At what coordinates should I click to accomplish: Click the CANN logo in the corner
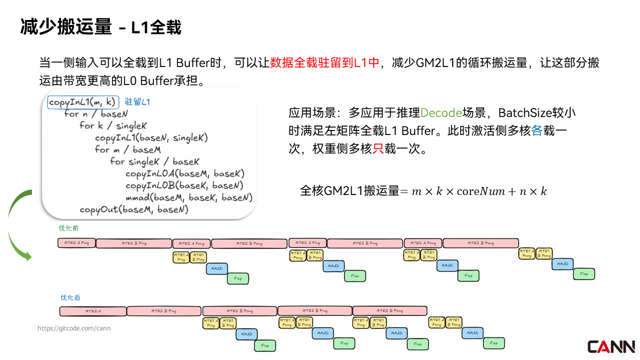tap(611, 346)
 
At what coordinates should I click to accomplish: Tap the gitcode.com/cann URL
tap(74, 328)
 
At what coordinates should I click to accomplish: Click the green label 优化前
tap(68, 228)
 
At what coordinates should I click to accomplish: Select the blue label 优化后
tap(70, 297)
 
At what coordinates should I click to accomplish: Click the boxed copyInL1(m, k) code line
tap(83, 102)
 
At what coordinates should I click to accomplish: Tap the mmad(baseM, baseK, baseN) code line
tap(189, 198)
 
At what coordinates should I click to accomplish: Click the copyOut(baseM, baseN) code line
tap(134, 209)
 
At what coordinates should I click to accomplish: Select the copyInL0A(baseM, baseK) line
tap(185, 174)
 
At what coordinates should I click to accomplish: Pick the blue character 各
tap(537, 131)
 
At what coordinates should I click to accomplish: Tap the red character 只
tap(378, 149)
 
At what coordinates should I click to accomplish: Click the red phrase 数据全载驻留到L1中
tap(325, 63)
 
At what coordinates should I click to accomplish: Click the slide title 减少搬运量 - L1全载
tap(100, 27)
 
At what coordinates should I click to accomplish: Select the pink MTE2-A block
tap(93, 311)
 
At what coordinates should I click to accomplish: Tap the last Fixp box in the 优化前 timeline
tap(584, 274)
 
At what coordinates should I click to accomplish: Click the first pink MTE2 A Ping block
tap(76, 243)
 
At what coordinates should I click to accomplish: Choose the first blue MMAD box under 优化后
tap(246, 334)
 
